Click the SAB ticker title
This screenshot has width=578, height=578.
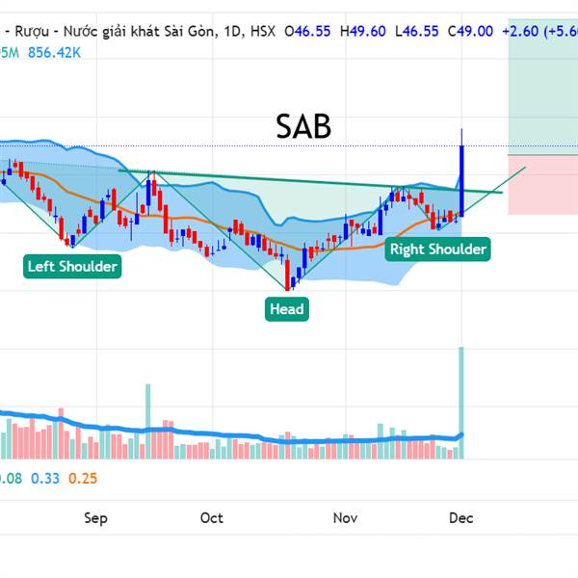tap(303, 126)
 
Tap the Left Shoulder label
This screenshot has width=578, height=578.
tap(73, 266)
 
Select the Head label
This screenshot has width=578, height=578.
tap(286, 308)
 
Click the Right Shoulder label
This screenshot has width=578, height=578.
tap(437, 250)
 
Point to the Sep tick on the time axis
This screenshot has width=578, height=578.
tap(95, 518)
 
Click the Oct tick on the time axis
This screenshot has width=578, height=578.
tap(211, 518)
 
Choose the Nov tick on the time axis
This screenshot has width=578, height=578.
tap(345, 518)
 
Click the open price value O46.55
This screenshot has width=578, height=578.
tap(308, 31)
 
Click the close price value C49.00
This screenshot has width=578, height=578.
tap(471, 31)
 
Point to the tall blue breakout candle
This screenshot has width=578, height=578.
tap(462, 178)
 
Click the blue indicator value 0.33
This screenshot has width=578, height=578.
tap(44, 478)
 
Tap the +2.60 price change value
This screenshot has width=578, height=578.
tap(521, 31)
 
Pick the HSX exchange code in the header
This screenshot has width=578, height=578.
tap(263, 31)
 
